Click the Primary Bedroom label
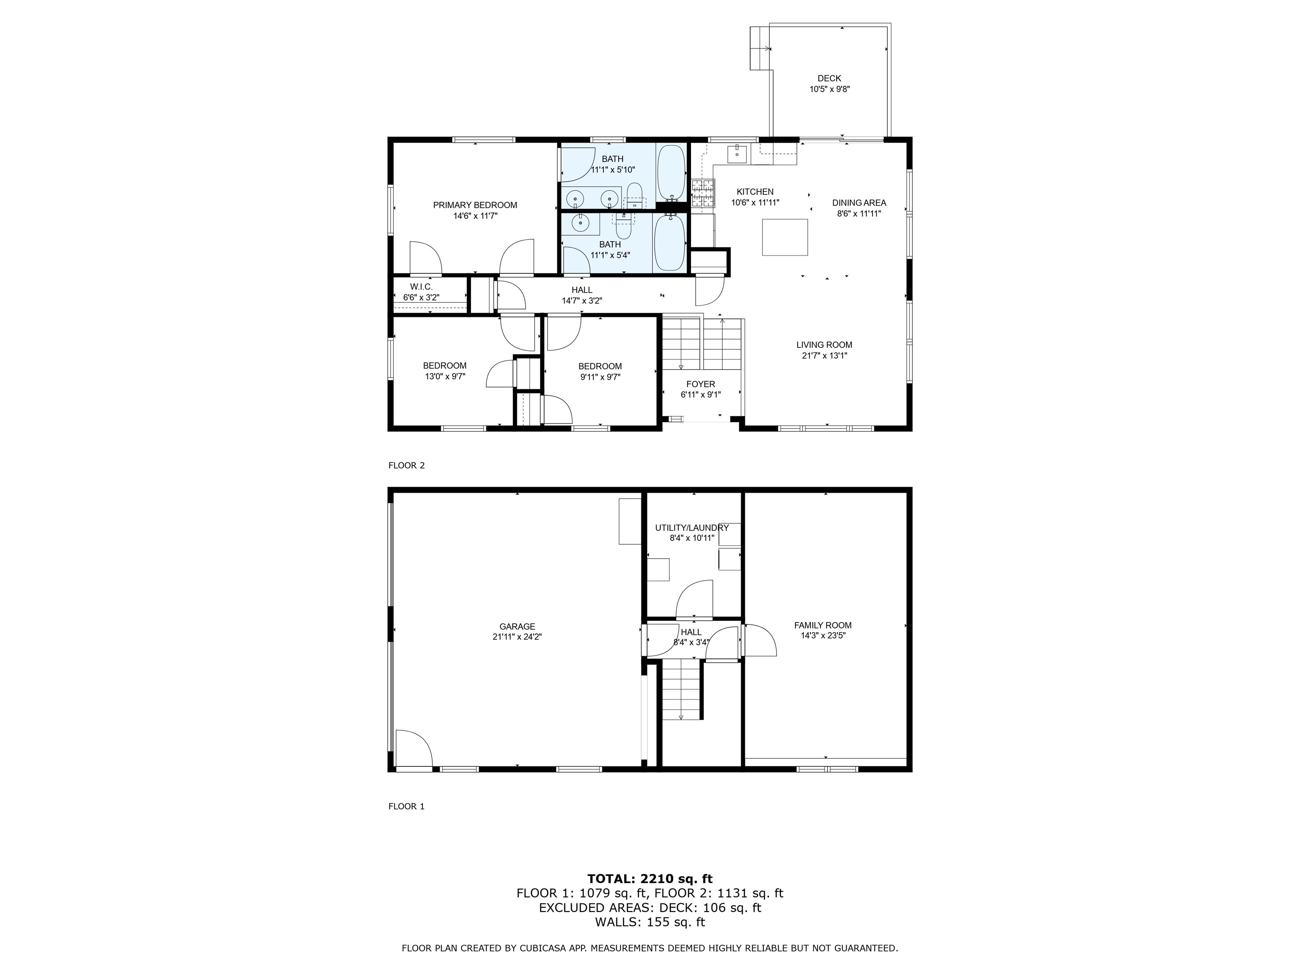pos(475,205)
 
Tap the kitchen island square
pos(785,237)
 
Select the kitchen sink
pos(737,154)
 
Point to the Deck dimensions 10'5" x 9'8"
pos(829,89)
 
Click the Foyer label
pos(700,384)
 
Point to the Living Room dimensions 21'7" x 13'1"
pos(824,355)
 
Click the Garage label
pos(517,626)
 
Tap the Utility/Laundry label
pos(692,528)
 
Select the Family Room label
pos(823,625)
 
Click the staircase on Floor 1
pos(682,689)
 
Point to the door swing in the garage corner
pos(414,748)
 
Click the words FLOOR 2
pos(406,465)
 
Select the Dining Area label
pos(859,203)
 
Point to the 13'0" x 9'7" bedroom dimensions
pos(445,377)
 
